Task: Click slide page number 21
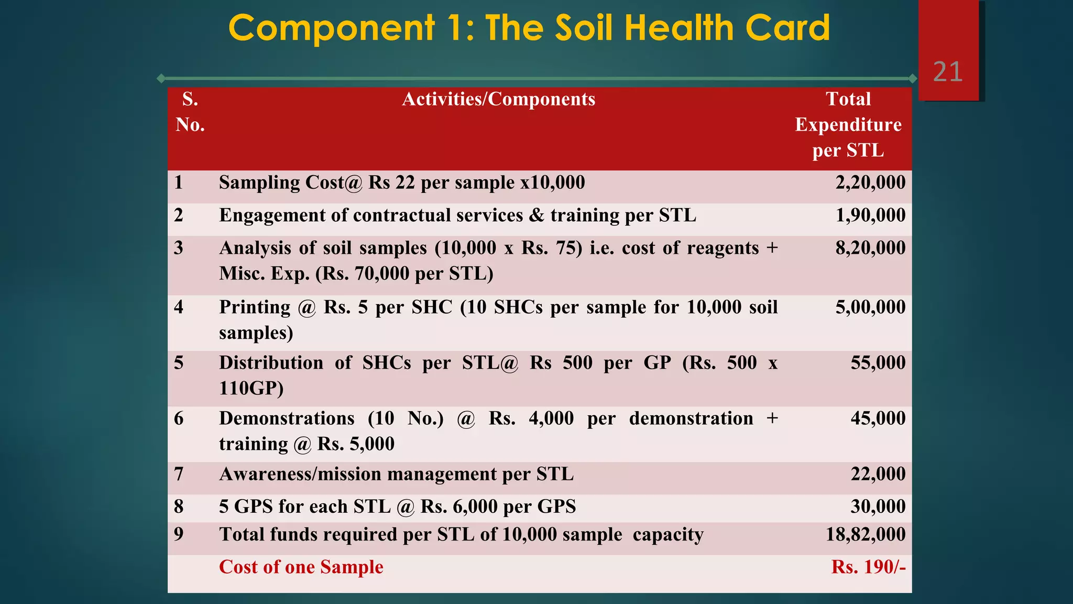[948, 72]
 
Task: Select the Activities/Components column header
[498, 99]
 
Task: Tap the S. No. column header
[190, 112]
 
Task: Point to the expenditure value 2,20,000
[870, 182]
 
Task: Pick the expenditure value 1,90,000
[870, 215]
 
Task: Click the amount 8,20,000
[870, 248]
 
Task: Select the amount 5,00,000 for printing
[870, 307]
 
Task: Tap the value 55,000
[878, 363]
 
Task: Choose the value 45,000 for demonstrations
[878, 418]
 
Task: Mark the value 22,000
[878, 474]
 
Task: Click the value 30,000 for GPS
[878, 506]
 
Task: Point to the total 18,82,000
[866, 534]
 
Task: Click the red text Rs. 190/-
[868, 567]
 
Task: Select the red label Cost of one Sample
[301, 567]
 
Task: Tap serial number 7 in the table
[179, 474]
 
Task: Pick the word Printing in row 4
[255, 307]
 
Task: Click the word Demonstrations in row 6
[287, 418]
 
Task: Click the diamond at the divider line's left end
[161, 79]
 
